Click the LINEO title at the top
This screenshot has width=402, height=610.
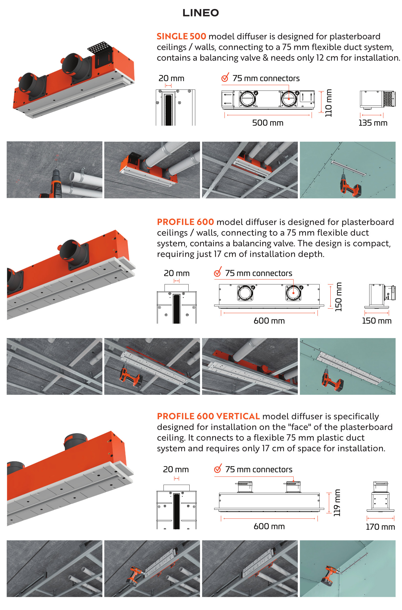tap(200, 13)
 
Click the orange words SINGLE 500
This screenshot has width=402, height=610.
tap(181, 36)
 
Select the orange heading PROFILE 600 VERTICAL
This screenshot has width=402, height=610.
tap(209, 416)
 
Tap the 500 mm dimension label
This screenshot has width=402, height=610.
tap(268, 123)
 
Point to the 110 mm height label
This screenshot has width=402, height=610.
tap(328, 103)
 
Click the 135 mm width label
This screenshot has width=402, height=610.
tap(373, 123)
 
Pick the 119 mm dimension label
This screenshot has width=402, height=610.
tap(337, 503)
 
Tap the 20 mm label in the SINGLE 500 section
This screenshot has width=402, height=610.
tap(171, 78)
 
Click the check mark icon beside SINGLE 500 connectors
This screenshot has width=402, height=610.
tap(225, 77)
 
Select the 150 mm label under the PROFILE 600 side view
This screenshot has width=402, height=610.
tap(377, 321)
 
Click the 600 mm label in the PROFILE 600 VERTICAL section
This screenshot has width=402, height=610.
tap(269, 526)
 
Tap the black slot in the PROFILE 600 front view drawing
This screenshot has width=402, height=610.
tap(177, 309)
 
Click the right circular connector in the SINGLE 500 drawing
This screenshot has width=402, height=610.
tap(289, 99)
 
